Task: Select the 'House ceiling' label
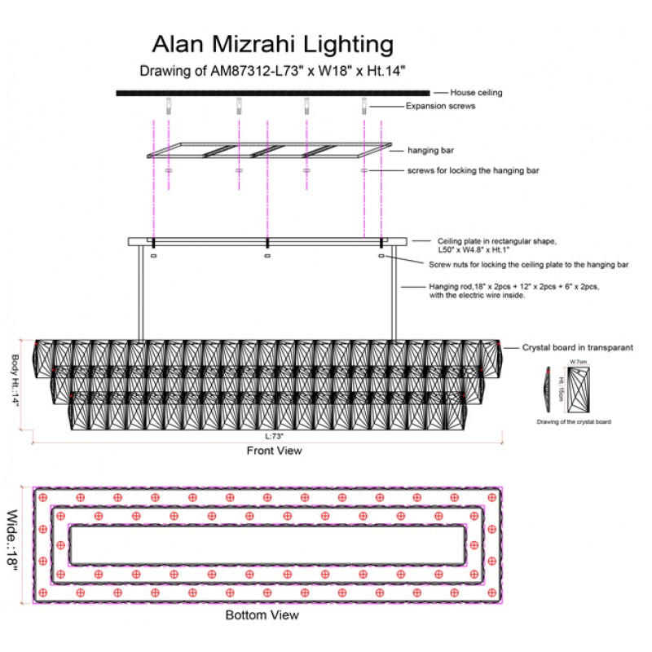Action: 477,93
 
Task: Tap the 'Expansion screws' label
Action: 441,106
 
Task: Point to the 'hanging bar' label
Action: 430,151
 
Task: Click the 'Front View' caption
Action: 274,450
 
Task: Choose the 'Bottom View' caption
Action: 262,615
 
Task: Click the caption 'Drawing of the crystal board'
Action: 573,422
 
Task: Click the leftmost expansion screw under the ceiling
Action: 169,105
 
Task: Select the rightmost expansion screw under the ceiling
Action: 364,105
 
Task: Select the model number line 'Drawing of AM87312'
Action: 273,70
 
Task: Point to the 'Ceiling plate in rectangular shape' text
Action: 498,241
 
